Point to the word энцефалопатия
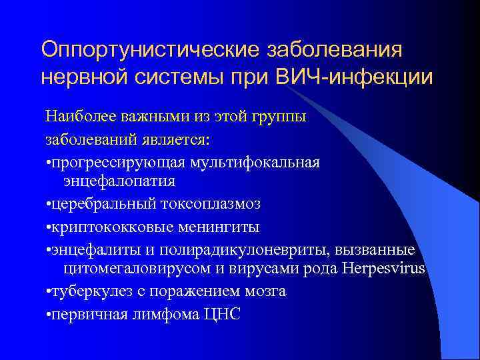click(119, 181)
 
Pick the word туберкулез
click(85, 291)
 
